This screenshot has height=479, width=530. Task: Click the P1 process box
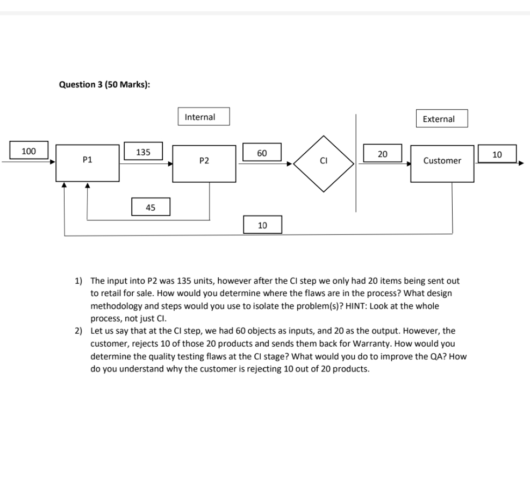tap(88, 163)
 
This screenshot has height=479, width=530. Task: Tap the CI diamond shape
tap(324, 160)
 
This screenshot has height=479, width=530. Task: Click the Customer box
tap(442, 163)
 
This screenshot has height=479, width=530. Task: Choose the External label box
tap(441, 119)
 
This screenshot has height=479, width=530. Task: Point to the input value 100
tap(28, 151)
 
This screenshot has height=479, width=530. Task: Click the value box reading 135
tap(143, 152)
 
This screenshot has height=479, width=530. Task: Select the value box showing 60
tap(262, 153)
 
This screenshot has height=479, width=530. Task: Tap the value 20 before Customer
tap(382, 154)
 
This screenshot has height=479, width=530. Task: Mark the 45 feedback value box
tap(151, 207)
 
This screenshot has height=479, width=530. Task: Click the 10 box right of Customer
tap(497, 154)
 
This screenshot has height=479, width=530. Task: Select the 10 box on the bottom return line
tap(262, 225)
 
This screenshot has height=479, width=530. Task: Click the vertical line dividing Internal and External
tap(355, 161)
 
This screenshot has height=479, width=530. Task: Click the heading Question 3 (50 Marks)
tap(104, 84)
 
